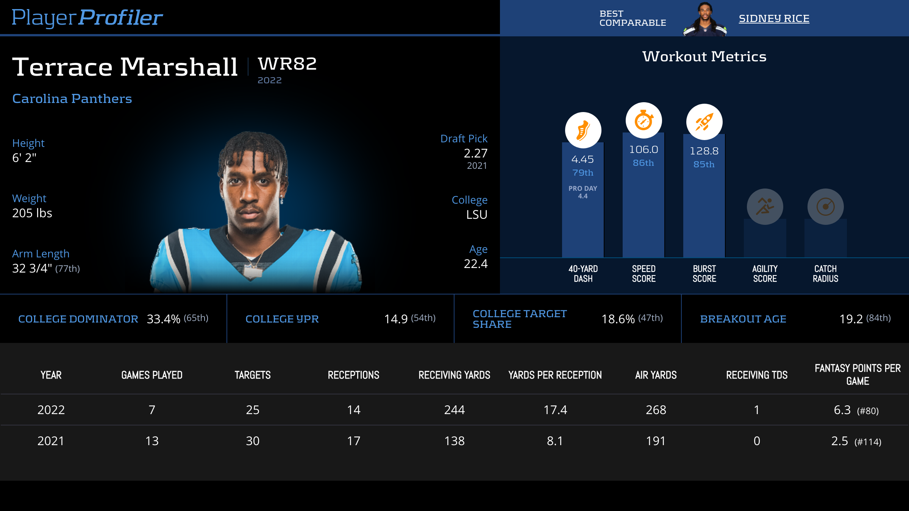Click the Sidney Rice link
click(x=774, y=19)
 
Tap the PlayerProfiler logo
click(x=87, y=18)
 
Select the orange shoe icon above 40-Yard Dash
click(x=583, y=130)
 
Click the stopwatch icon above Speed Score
click(x=643, y=121)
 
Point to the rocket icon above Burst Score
click(x=704, y=122)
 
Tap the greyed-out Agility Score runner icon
click(x=765, y=207)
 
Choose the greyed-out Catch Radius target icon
click(x=825, y=207)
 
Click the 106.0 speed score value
click(x=643, y=150)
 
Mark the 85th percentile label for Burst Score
click(x=704, y=165)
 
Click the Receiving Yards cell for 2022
click(x=454, y=410)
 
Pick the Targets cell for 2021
click(x=253, y=441)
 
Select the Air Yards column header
click(x=656, y=375)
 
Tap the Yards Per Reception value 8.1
click(x=555, y=441)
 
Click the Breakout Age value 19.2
click(x=851, y=319)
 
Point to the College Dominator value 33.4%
click(x=163, y=319)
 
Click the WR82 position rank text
click(x=287, y=64)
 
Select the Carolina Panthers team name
click(x=72, y=99)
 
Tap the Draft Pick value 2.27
click(x=475, y=153)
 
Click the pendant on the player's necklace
click(x=253, y=272)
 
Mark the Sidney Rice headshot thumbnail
click(x=704, y=19)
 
